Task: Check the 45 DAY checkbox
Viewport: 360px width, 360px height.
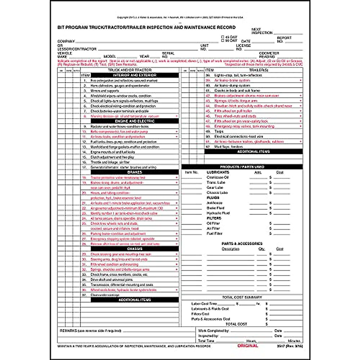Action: [223, 37]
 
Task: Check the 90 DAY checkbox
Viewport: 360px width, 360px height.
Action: [223, 40]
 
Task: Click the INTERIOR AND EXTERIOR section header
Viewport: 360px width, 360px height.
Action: [134, 75]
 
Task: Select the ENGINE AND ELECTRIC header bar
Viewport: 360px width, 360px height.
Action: [134, 121]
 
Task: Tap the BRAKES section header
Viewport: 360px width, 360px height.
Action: [134, 172]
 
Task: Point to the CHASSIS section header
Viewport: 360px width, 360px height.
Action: [134, 249]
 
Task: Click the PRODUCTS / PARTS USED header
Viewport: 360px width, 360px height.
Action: [242, 167]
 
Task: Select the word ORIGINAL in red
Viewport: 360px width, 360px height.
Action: [247, 346]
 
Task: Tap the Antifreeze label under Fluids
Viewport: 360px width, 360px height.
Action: [214, 203]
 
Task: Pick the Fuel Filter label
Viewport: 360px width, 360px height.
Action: [214, 234]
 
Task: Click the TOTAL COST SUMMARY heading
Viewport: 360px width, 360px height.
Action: [242, 297]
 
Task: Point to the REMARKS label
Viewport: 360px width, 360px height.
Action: [69, 331]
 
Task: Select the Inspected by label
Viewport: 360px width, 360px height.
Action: [208, 336]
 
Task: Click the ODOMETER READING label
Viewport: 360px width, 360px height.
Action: [269, 55]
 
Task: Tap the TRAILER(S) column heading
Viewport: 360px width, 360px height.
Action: [258, 70]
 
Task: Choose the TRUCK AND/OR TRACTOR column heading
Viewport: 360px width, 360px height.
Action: [130, 70]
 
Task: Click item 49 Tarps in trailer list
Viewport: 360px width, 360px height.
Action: [219, 131]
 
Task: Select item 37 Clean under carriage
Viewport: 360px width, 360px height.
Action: [105, 295]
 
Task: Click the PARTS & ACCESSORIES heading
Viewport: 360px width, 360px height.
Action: [242, 244]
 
